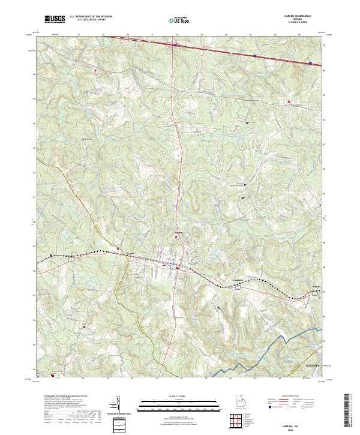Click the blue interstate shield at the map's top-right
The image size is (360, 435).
point(310,62)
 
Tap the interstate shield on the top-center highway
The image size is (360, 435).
point(175,44)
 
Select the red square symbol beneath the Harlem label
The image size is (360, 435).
point(176,237)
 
